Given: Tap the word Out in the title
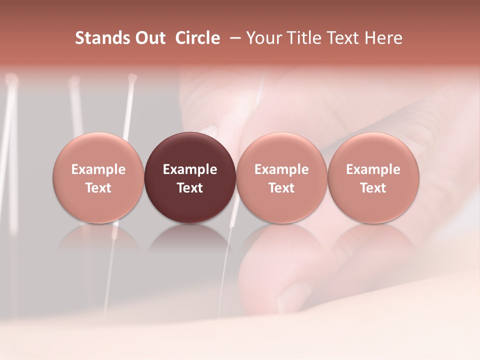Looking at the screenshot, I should [149, 38].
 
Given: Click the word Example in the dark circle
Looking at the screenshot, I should [190, 170].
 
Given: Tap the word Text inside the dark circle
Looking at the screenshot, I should [190, 188].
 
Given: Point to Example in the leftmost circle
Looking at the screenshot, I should [98, 170].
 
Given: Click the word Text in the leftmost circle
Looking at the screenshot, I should [98, 188].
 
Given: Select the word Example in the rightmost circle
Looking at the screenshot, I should [373, 170].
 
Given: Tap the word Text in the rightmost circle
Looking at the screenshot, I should [373, 188].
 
